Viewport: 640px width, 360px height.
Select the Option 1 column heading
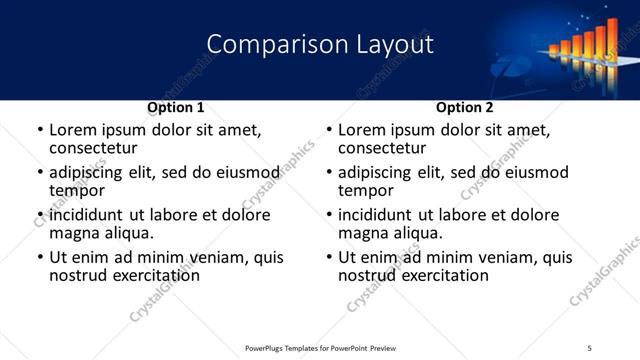[x=175, y=107]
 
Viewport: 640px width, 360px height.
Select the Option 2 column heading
[x=464, y=107]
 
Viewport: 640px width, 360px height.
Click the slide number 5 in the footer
[x=589, y=348]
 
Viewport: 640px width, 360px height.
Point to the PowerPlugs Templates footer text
[x=320, y=348]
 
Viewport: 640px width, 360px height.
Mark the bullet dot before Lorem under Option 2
[x=328, y=131]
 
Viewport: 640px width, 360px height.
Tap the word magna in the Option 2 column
[x=364, y=233]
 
